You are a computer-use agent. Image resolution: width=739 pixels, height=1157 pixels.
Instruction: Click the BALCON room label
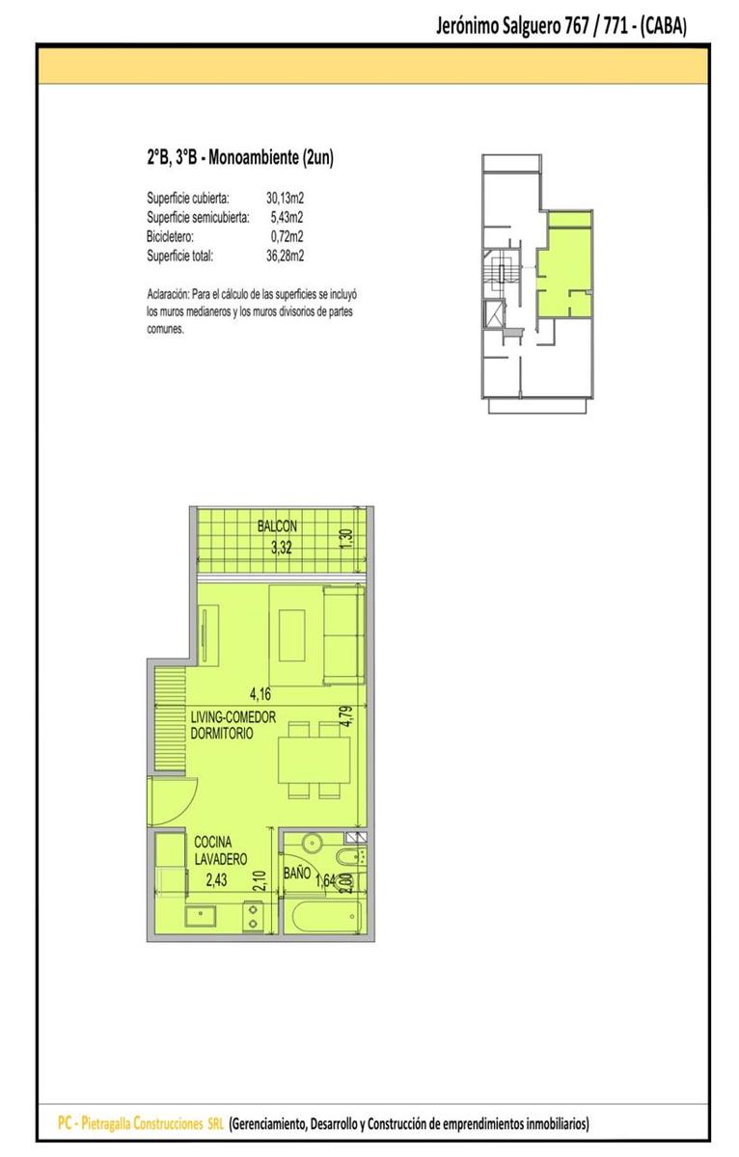[x=277, y=526]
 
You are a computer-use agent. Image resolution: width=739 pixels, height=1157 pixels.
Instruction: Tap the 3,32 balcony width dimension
[x=281, y=548]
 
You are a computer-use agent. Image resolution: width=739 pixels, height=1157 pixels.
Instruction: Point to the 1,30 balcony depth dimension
[x=347, y=539]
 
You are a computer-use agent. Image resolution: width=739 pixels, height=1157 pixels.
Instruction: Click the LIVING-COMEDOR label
[x=233, y=717]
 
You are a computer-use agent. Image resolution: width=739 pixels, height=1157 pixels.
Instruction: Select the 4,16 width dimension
[x=260, y=693]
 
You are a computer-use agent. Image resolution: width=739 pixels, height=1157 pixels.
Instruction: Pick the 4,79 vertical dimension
[x=346, y=716]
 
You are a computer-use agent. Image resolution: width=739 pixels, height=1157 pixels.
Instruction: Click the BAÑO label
[x=296, y=874]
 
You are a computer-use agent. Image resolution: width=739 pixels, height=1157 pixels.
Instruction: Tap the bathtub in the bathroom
[x=325, y=917]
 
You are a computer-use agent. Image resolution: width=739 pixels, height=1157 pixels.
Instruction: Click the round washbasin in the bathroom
[x=313, y=844]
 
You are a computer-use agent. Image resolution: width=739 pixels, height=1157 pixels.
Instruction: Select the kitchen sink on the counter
[x=201, y=916]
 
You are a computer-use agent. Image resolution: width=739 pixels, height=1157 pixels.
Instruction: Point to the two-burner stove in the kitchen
[x=253, y=916]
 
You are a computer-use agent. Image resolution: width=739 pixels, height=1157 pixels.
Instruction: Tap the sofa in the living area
[x=343, y=635]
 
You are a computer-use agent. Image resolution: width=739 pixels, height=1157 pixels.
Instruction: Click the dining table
[x=314, y=761]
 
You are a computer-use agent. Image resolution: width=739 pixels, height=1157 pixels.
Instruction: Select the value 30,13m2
[x=285, y=198]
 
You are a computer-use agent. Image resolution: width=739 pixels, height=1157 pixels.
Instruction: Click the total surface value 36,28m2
[x=285, y=256]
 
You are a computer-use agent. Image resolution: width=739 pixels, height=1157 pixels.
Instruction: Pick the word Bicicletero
[x=170, y=236]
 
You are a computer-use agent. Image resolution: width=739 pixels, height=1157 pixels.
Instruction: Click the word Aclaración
[x=168, y=295]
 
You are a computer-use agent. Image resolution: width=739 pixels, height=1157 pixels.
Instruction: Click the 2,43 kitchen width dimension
[x=216, y=879]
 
